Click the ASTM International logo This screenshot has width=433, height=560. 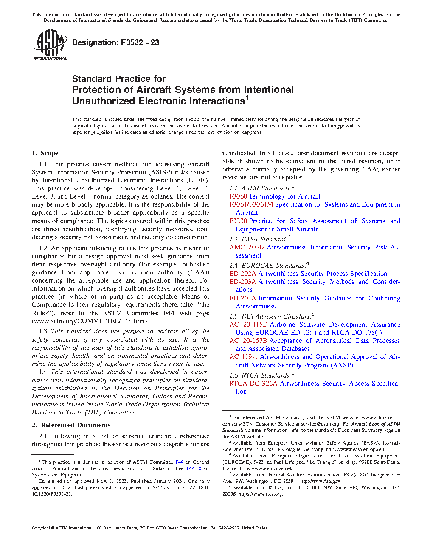point(50,45)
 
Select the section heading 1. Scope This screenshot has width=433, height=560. point(45,153)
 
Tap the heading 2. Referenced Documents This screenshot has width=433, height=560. point(71,425)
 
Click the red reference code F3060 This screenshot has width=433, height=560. point(238,196)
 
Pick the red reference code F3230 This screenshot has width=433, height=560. point(238,221)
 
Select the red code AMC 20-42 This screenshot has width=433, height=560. point(247,247)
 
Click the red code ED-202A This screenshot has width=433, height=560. point(243,274)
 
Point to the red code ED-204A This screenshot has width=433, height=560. point(243,298)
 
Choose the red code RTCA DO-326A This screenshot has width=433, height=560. point(253,384)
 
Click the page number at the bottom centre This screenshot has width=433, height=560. point(216,538)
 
